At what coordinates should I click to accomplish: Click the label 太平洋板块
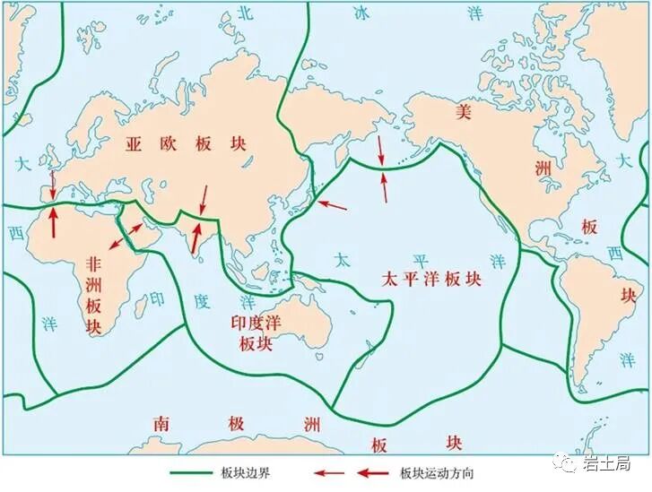pos(430,278)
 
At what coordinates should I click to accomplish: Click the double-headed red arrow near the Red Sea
pos(126,236)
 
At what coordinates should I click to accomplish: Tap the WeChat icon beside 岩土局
pos(567,462)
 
